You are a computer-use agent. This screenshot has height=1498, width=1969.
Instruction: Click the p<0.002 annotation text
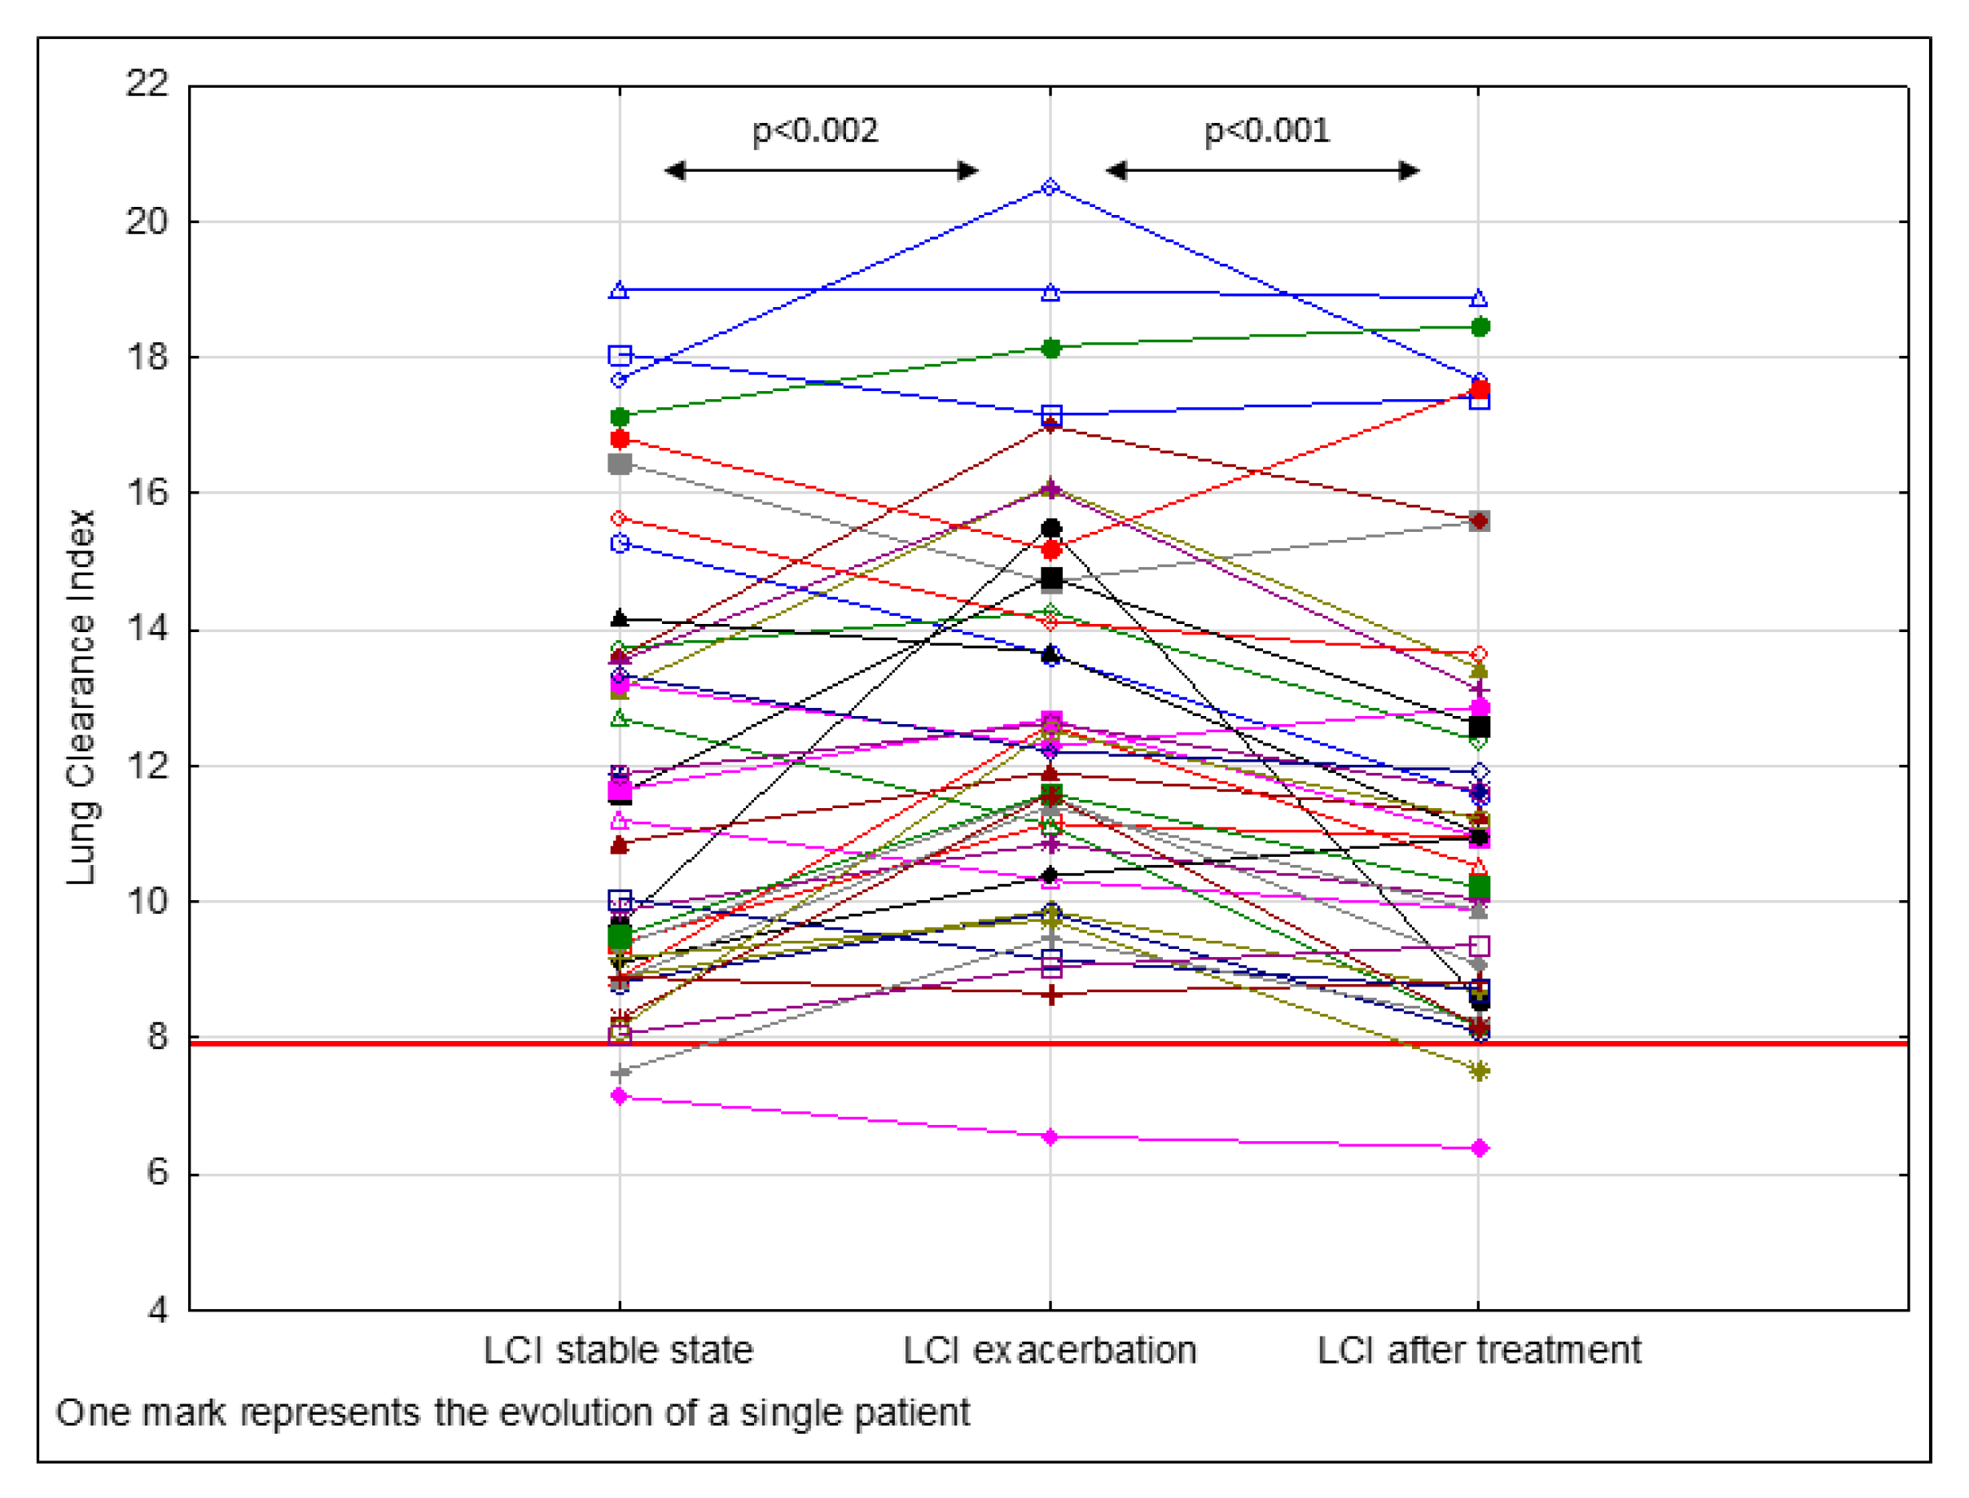[x=814, y=131]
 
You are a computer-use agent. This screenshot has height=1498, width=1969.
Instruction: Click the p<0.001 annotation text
[x=1265, y=131]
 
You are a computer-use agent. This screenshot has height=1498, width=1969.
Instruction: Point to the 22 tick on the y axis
[x=147, y=84]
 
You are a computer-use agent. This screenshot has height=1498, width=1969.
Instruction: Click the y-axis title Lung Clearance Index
[x=81, y=697]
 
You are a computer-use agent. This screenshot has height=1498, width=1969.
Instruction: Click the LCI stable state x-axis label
[x=618, y=1350]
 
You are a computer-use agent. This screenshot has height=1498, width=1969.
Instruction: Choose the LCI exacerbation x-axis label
[x=1049, y=1350]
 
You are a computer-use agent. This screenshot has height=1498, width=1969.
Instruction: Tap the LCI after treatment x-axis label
[x=1478, y=1350]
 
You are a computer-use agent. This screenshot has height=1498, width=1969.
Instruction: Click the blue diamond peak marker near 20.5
[x=1050, y=187]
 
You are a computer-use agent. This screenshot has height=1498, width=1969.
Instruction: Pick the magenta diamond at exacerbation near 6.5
[x=1050, y=1137]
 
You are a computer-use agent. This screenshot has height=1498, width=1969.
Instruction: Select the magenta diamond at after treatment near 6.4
[x=1479, y=1148]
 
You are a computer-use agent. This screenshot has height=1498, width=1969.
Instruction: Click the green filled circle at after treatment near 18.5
[x=1480, y=327]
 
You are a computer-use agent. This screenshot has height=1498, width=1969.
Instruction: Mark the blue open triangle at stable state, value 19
[x=620, y=291]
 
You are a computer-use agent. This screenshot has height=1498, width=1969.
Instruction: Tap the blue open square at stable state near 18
[x=620, y=356]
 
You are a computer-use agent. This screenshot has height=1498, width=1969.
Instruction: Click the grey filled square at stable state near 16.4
[x=620, y=463]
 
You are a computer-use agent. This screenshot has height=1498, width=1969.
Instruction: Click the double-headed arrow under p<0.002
[x=821, y=170]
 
